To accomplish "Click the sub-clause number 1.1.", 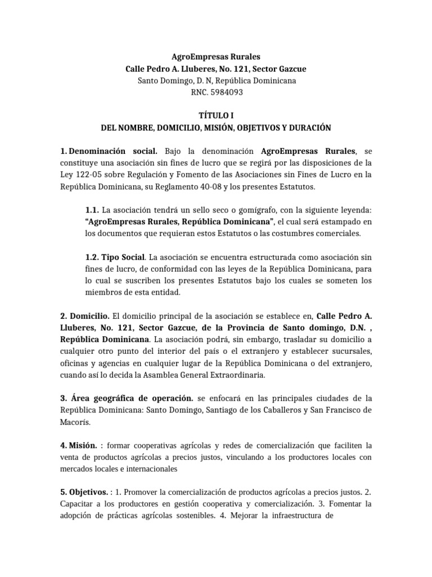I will tap(92, 210).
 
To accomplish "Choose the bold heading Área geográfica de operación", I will tap(132, 398).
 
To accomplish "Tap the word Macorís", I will tap(74, 422).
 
